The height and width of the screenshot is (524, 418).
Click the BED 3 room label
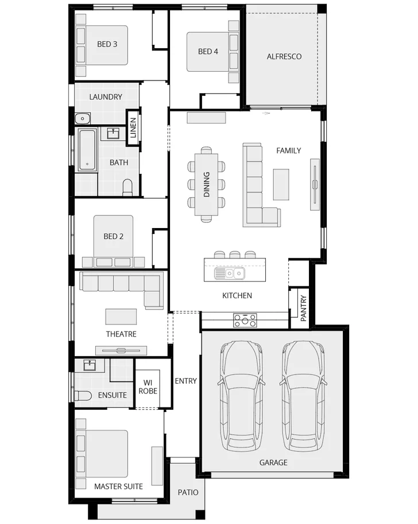(x=107, y=44)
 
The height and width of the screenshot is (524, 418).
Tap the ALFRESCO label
(x=284, y=56)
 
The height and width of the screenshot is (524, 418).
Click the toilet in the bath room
(x=127, y=187)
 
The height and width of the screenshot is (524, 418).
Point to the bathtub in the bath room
(x=87, y=149)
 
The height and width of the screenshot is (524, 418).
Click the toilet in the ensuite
(x=84, y=396)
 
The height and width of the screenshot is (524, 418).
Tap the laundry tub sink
(x=83, y=119)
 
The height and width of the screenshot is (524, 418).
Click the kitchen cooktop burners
(x=245, y=321)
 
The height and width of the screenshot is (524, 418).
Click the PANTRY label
(x=304, y=308)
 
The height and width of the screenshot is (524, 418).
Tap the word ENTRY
(x=185, y=380)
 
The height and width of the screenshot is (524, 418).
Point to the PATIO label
(x=188, y=492)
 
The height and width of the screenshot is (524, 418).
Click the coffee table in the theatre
(x=121, y=317)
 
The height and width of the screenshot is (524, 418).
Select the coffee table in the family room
(x=281, y=184)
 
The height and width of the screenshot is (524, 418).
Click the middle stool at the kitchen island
(x=234, y=254)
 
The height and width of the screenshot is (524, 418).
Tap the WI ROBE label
(x=148, y=386)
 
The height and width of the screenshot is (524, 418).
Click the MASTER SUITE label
(x=118, y=486)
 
